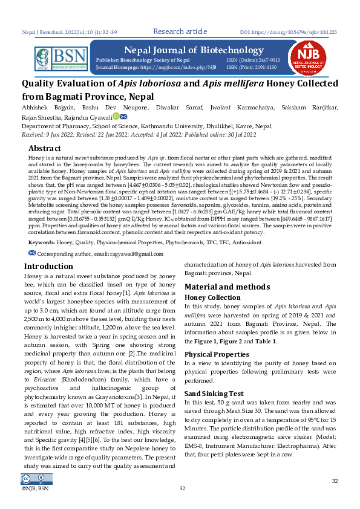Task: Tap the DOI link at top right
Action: pos(289,31)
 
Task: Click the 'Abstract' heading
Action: pos(45,148)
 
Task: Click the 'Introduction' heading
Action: pos(48,266)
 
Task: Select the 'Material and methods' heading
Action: pos(227,287)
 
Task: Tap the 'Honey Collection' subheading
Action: pos(212,297)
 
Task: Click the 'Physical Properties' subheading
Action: pos(217,354)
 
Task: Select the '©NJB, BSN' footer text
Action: pos(34,488)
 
